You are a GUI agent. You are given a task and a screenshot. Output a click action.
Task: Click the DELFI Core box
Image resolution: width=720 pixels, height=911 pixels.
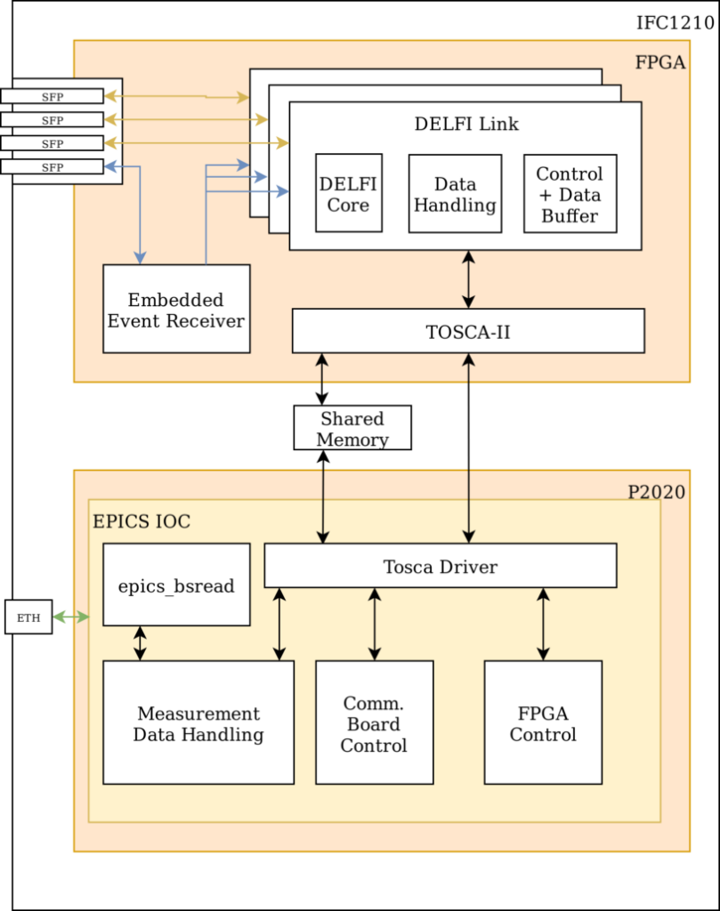pos(348,193)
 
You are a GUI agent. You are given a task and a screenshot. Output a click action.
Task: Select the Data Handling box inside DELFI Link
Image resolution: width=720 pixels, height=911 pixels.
pos(455,194)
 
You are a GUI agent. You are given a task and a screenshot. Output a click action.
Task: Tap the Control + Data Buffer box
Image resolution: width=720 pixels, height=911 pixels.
pos(570,194)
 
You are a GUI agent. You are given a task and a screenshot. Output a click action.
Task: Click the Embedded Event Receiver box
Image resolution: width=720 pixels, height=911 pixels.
pos(176,309)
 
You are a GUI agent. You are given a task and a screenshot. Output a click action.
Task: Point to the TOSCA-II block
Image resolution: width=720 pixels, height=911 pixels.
pos(468,331)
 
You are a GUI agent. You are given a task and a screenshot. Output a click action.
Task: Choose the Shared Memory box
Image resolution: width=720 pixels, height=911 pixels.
pos(352,428)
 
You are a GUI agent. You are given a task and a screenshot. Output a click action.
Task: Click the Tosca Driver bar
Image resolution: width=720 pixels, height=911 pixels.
pos(441,566)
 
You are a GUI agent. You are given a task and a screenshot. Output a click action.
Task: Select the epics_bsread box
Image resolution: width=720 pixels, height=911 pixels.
pos(176,586)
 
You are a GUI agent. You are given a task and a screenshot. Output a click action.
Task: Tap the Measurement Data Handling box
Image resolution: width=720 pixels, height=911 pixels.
pos(198,722)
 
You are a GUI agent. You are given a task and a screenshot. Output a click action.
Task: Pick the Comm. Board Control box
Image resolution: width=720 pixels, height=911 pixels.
pos(374,722)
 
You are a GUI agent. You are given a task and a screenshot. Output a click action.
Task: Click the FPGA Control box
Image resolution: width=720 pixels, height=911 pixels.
pos(543,722)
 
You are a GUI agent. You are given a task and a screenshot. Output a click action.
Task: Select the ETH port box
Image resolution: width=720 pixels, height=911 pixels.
pos(28,617)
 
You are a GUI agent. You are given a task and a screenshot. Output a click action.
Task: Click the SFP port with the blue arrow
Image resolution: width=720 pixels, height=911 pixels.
pos(52,166)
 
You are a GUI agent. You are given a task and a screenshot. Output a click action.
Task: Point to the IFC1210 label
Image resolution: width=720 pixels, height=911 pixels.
pos(675,22)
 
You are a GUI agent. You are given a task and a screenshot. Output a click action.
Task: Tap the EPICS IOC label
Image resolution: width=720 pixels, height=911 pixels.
pos(142,521)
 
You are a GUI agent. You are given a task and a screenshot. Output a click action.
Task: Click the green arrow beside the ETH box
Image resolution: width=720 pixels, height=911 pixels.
pos(71,617)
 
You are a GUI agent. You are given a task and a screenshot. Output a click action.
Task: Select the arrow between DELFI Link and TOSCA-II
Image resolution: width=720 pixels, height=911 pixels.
pos(468,279)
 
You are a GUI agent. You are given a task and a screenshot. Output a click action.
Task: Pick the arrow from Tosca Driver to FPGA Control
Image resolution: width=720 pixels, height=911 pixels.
pos(543,624)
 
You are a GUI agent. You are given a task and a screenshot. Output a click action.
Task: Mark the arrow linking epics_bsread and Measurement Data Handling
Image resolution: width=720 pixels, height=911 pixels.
pos(140,643)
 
